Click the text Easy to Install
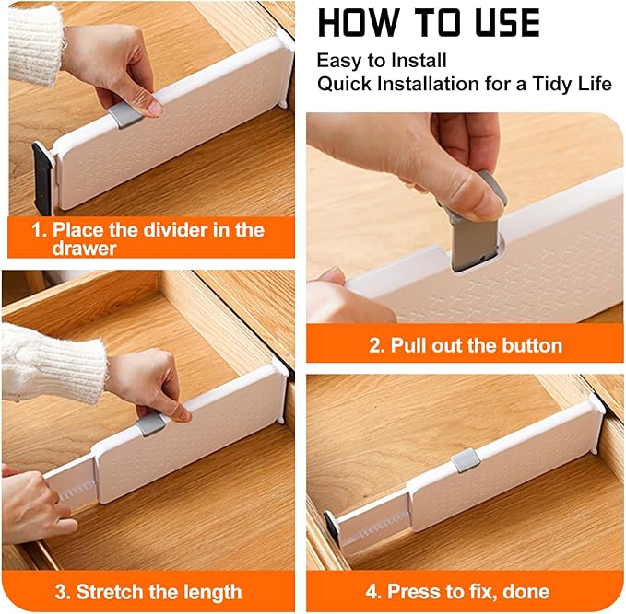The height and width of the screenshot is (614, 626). click(382, 61)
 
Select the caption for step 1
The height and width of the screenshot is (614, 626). click(148, 237)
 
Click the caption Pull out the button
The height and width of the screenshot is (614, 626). click(465, 346)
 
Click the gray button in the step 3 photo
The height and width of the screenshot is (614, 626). click(151, 424)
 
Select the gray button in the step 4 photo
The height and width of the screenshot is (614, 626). click(466, 460)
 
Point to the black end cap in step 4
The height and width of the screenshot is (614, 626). click(332, 527)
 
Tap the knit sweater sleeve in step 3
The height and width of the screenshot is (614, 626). click(51, 364)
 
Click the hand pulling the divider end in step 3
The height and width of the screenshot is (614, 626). click(32, 506)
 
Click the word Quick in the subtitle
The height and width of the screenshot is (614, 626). click(343, 84)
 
